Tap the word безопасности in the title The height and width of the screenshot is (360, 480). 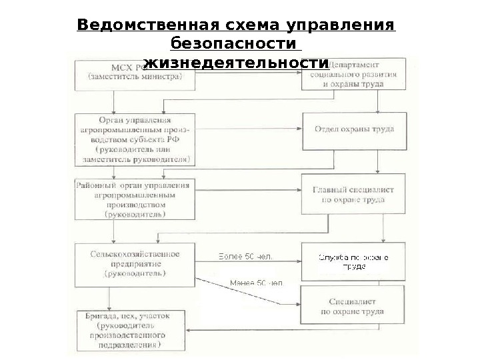point(233,44)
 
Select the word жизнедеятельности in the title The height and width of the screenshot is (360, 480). point(237,63)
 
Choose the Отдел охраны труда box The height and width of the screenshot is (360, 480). point(354,129)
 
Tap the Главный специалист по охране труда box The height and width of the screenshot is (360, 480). point(353,194)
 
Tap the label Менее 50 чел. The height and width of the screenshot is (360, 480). point(256,283)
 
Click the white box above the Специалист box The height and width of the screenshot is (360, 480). point(353,261)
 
